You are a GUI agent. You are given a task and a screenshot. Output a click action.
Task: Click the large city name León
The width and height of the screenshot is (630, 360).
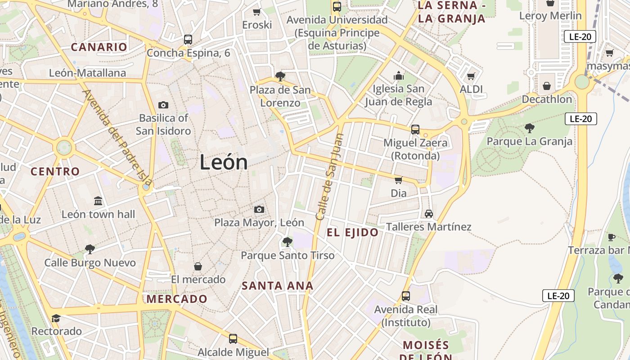pyautogui.click(x=224, y=162)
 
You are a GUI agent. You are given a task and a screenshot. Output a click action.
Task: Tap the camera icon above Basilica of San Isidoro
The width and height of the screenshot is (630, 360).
pyautogui.click(x=163, y=105)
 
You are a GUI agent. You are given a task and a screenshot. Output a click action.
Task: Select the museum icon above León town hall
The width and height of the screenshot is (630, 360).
pyautogui.click(x=98, y=201)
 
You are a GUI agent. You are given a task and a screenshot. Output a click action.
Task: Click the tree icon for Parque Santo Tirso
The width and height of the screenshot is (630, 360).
pyautogui.click(x=287, y=242)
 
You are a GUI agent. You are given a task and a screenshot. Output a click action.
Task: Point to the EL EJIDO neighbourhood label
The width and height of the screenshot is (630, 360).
pyautogui.click(x=352, y=233)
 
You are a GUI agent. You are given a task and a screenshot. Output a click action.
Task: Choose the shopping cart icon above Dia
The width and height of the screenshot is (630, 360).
pyautogui.click(x=398, y=180)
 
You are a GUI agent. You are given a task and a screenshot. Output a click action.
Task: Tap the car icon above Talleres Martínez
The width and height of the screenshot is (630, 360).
pyautogui.click(x=428, y=214)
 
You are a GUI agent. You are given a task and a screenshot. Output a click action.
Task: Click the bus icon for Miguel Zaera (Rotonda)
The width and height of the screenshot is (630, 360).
pyautogui.click(x=415, y=130)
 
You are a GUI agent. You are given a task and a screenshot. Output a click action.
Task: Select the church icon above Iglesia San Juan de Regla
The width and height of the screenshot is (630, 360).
pyautogui.click(x=399, y=76)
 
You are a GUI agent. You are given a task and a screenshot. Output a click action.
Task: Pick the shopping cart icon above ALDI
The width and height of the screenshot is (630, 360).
pyautogui.click(x=471, y=76)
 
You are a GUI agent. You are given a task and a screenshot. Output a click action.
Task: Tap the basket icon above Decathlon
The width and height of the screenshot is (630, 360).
pyautogui.click(x=547, y=85)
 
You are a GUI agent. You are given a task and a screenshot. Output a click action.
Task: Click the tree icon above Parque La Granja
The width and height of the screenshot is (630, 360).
pyautogui.click(x=529, y=128)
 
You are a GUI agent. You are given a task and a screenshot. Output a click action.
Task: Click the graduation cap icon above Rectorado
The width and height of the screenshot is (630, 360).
pyautogui.click(x=56, y=318)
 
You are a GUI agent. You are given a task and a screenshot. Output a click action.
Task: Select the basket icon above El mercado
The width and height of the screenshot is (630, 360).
pyautogui.click(x=198, y=266)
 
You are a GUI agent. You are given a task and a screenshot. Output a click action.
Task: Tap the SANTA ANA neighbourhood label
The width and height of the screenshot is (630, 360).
pyautogui.click(x=277, y=286)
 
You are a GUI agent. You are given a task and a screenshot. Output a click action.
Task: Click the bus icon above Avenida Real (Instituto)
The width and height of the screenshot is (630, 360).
pyautogui.click(x=406, y=296)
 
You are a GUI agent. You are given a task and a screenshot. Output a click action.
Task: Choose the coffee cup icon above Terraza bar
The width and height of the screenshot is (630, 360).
pyautogui.click(x=612, y=237)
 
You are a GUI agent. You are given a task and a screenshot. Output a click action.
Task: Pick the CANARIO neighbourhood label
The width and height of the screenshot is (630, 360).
pyautogui.click(x=99, y=47)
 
